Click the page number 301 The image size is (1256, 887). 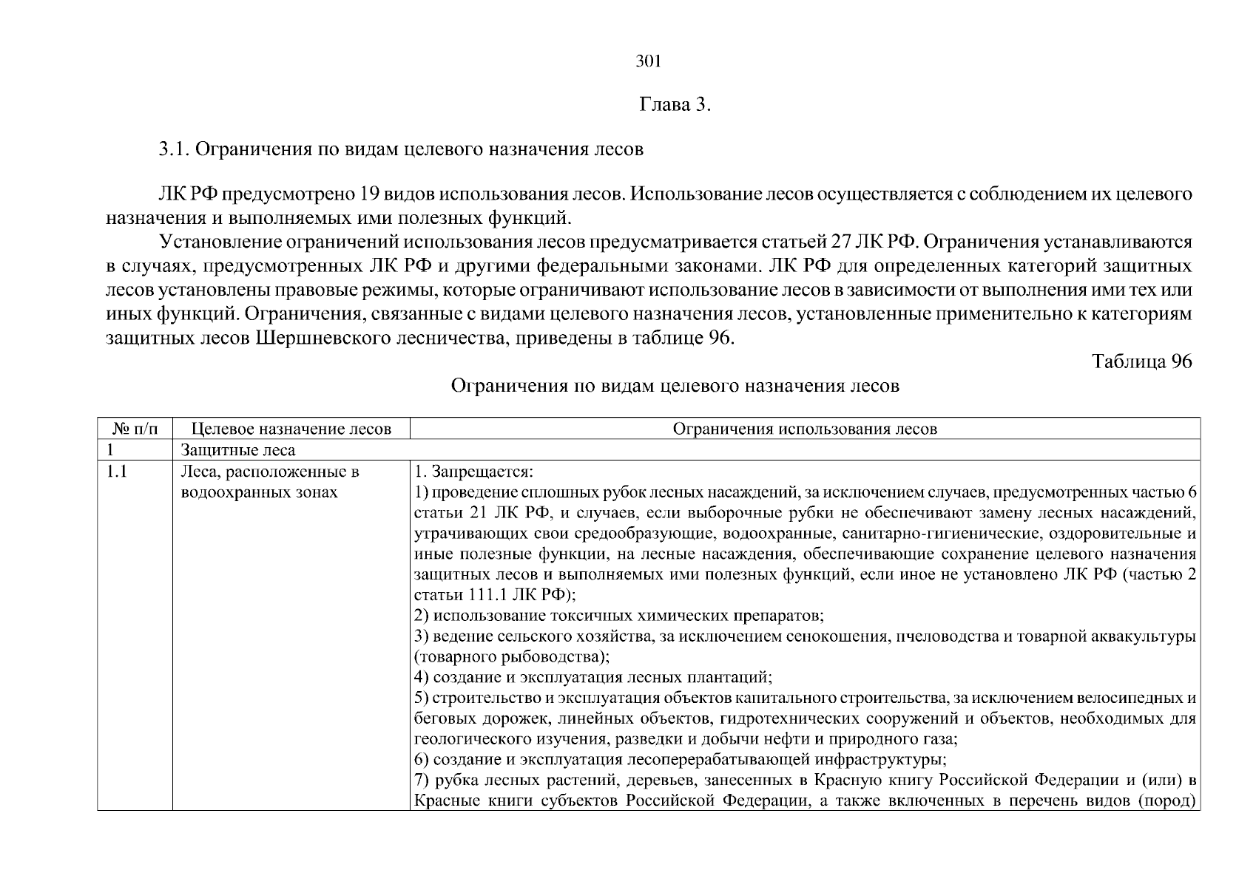tap(648, 62)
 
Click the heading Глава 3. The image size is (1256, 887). tap(675, 105)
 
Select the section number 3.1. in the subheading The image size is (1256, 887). tap(175, 149)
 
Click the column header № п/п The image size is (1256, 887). tap(135, 429)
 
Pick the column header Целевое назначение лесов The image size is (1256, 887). tap(291, 429)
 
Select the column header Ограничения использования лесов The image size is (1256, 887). tap(805, 429)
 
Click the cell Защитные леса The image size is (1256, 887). tap(238, 449)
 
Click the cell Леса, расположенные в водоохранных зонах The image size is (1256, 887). tap(269, 482)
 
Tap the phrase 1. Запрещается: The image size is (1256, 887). tap(473, 472)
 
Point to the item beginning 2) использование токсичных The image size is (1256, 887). tap(618, 615)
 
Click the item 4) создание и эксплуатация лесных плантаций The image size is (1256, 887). tap(593, 677)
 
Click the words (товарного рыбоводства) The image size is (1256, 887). tap(512, 656)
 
